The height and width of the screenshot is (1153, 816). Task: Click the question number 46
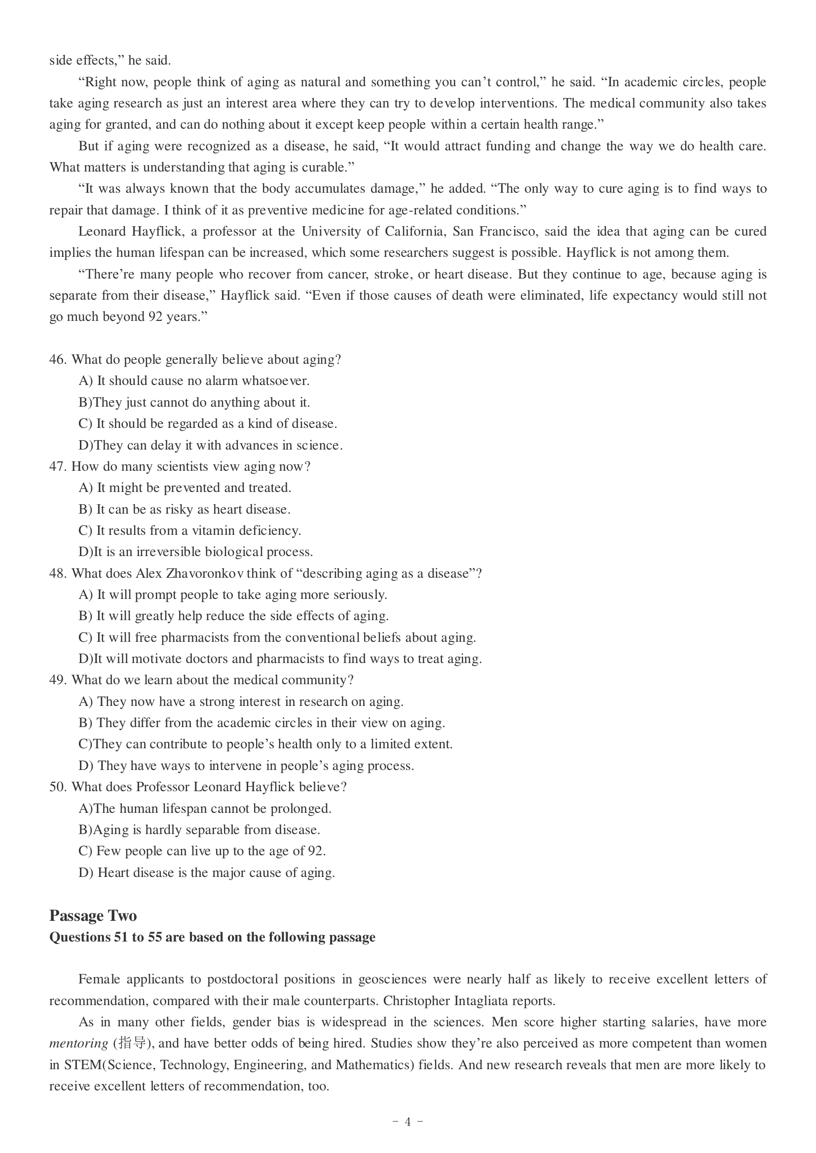tap(57, 359)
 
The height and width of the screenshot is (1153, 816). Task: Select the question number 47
tap(57, 466)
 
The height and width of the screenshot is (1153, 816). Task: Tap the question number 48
tap(57, 573)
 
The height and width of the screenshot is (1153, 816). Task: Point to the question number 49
tap(57, 680)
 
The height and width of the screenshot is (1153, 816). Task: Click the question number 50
tap(57, 787)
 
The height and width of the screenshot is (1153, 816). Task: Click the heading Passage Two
tap(93, 915)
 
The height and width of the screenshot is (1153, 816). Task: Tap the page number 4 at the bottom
tap(408, 1121)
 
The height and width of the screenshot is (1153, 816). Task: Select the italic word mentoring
tap(78, 1044)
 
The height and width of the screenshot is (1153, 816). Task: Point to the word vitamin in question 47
tap(214, 531)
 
